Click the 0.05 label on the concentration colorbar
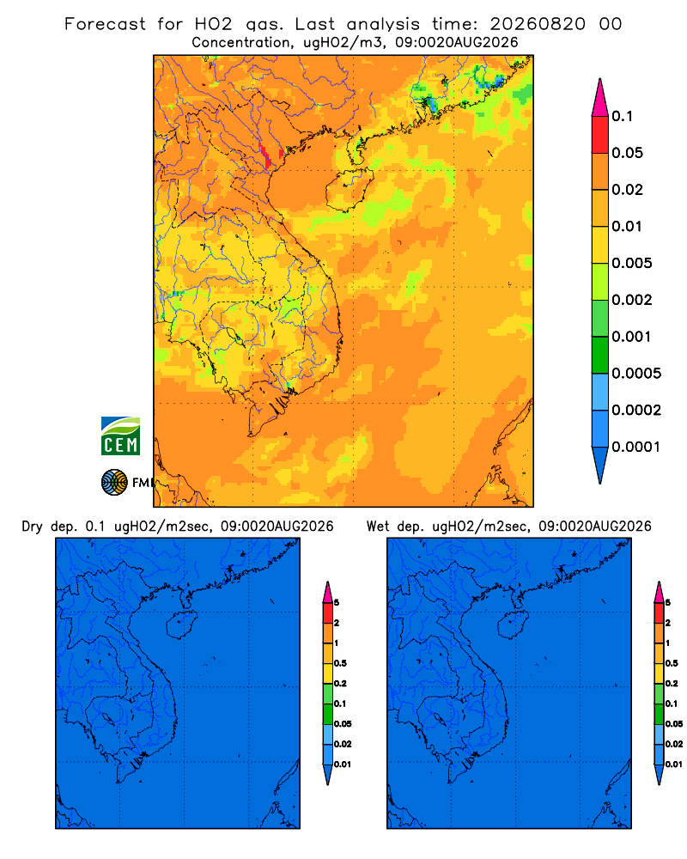(x=627, y=153)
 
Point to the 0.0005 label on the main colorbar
(x=636, y=373)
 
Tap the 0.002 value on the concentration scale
(x=632, y=300)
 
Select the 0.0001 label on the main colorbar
(x=636, y=447)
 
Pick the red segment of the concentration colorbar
(x=600, y=135)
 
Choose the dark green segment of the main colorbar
(x=600, y=355)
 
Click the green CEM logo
(x=120, y=436)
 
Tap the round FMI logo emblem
(x=114, y=483)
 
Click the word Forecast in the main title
(x=105, y=24)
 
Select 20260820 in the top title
(x=538, y=24)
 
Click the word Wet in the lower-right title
(x=378, y=527)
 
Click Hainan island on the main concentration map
(x=350, y=190)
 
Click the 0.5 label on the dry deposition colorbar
(x=340, y=663)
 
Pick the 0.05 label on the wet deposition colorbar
(x=674, y=723)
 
